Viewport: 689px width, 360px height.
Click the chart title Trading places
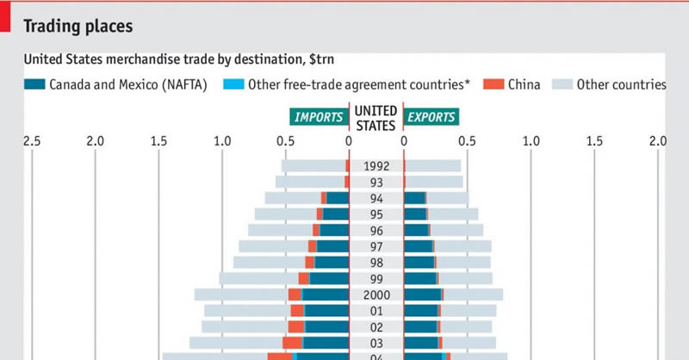pos(78,26)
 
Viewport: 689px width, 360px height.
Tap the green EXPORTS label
pos(431,117)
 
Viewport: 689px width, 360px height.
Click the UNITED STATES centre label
pos(376,117)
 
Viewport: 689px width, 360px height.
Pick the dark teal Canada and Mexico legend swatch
pos(34,84)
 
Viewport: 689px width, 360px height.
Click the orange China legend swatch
pos(492,84)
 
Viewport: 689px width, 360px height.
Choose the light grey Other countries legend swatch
pos(560,84)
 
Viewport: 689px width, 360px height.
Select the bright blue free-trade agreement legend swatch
pos(233,84)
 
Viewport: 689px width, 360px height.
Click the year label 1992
pos(376,166)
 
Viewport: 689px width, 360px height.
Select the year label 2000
pos(376,295)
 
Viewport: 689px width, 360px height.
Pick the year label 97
pos(376,246)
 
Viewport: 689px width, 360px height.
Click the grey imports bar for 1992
pos(313,166)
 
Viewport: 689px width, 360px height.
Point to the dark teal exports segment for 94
pos(414,198)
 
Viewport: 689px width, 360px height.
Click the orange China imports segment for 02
pos(296,327)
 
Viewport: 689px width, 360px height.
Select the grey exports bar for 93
pos(435,182)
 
